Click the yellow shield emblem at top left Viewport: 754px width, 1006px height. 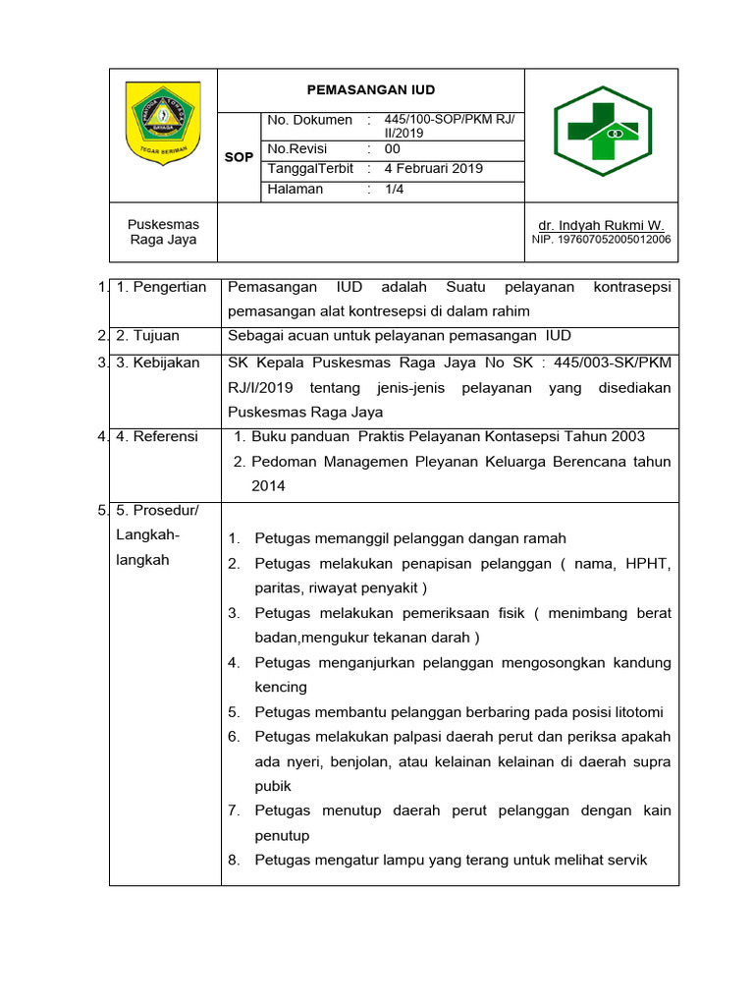point(163,122)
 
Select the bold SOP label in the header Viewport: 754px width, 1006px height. point(240,157)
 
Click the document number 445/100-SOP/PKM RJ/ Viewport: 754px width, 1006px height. point(449,120)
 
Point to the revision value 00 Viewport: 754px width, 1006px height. point(393,149)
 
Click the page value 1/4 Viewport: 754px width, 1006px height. point(394,190)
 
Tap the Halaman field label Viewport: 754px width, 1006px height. point(296,190)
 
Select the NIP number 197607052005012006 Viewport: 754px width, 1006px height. point(602,240)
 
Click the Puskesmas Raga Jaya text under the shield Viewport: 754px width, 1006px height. point(163,232)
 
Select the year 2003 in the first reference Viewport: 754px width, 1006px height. point(628,436)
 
